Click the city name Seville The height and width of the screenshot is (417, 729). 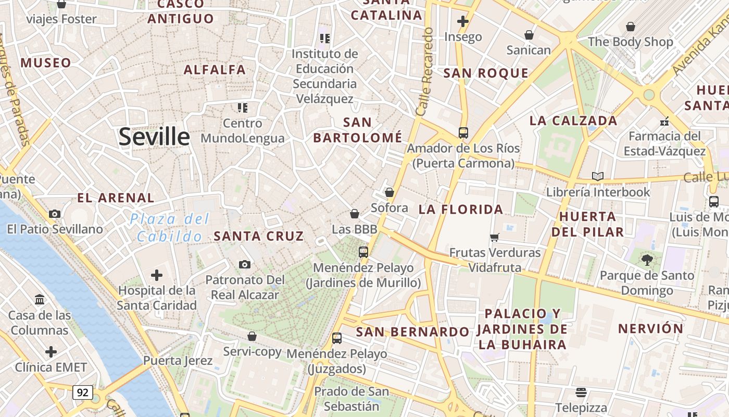tap(154, 137)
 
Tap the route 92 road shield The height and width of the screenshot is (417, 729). tap(82, 392)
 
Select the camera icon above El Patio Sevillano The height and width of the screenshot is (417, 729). tap(55, 214)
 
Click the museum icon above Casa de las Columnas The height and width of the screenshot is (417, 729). tap(40, 300)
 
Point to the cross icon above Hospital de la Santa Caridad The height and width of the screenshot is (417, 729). tap(156, 275)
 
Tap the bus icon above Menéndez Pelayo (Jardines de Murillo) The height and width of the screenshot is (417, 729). tap(363, 252)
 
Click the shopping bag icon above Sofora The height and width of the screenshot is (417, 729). tap(389, 192)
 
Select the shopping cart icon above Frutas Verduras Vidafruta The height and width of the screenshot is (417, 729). tap(494, 238)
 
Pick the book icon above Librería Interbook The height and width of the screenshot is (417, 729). tap(597, 176)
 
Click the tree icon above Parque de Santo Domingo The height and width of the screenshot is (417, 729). tap(647, 260)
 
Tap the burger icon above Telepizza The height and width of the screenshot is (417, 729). tap(581, 392)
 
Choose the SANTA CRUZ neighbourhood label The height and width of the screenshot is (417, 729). tap(259, 236)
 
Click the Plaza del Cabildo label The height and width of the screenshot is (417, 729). tap(170, 227)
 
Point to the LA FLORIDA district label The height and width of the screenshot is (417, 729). tap(461, 210)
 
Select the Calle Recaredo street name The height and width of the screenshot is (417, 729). tap(425, 71)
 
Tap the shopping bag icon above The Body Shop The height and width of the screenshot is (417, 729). tap(630, 27)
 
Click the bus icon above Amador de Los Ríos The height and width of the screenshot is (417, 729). tap(463, 133)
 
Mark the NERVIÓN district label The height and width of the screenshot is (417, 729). tap(650, 329)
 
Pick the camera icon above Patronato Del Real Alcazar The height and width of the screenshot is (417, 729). tap(244, 265)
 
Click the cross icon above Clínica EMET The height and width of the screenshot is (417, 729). tap(51, 352)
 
